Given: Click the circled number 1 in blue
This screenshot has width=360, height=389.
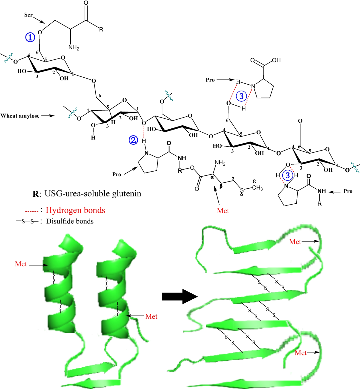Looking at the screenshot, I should [30, 37].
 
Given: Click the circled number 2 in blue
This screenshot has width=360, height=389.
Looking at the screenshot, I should [133, 140].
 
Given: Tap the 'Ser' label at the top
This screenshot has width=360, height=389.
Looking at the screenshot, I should [28, 15].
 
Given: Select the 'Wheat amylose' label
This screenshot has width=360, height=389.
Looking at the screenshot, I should [20, 116].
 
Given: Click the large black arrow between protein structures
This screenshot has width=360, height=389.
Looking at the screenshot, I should [180, 297].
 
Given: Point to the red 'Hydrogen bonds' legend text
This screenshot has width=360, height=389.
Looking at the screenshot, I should [75, 210].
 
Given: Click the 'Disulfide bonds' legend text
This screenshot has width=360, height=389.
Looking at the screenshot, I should [70, 221].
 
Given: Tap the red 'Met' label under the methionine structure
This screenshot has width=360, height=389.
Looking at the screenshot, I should [223, 211].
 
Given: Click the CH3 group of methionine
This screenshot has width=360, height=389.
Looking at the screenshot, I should [257, 188].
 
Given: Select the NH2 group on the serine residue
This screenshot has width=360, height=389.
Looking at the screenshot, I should [73, 47].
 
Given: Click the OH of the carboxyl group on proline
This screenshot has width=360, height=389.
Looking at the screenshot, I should [276, 60].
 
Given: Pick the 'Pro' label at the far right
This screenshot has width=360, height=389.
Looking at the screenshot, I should [348, 191].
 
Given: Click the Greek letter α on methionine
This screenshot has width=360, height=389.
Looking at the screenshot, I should [212, 177].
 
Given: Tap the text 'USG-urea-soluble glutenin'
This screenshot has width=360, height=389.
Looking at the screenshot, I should [93, 193].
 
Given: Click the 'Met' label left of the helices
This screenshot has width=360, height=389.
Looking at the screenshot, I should [21, 264].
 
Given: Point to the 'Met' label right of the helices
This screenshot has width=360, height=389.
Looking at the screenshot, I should [151, 316].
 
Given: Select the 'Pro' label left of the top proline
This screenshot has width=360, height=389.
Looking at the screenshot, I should [210, 80].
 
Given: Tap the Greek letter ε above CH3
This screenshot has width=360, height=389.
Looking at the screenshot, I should [254, 181].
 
